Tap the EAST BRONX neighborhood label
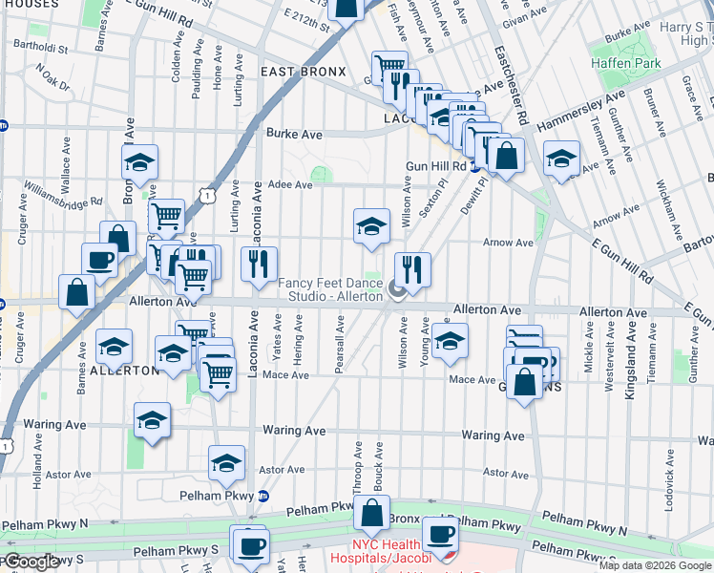click(301, 73)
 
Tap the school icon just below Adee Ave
click(371, 226)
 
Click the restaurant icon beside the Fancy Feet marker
click(412, 270)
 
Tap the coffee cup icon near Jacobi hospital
click(439, 536)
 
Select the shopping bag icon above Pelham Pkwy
click(371, 514)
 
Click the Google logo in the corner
click(31, 562)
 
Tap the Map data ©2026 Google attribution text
click(655, 565)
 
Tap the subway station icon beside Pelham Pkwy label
click(264, 496)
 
